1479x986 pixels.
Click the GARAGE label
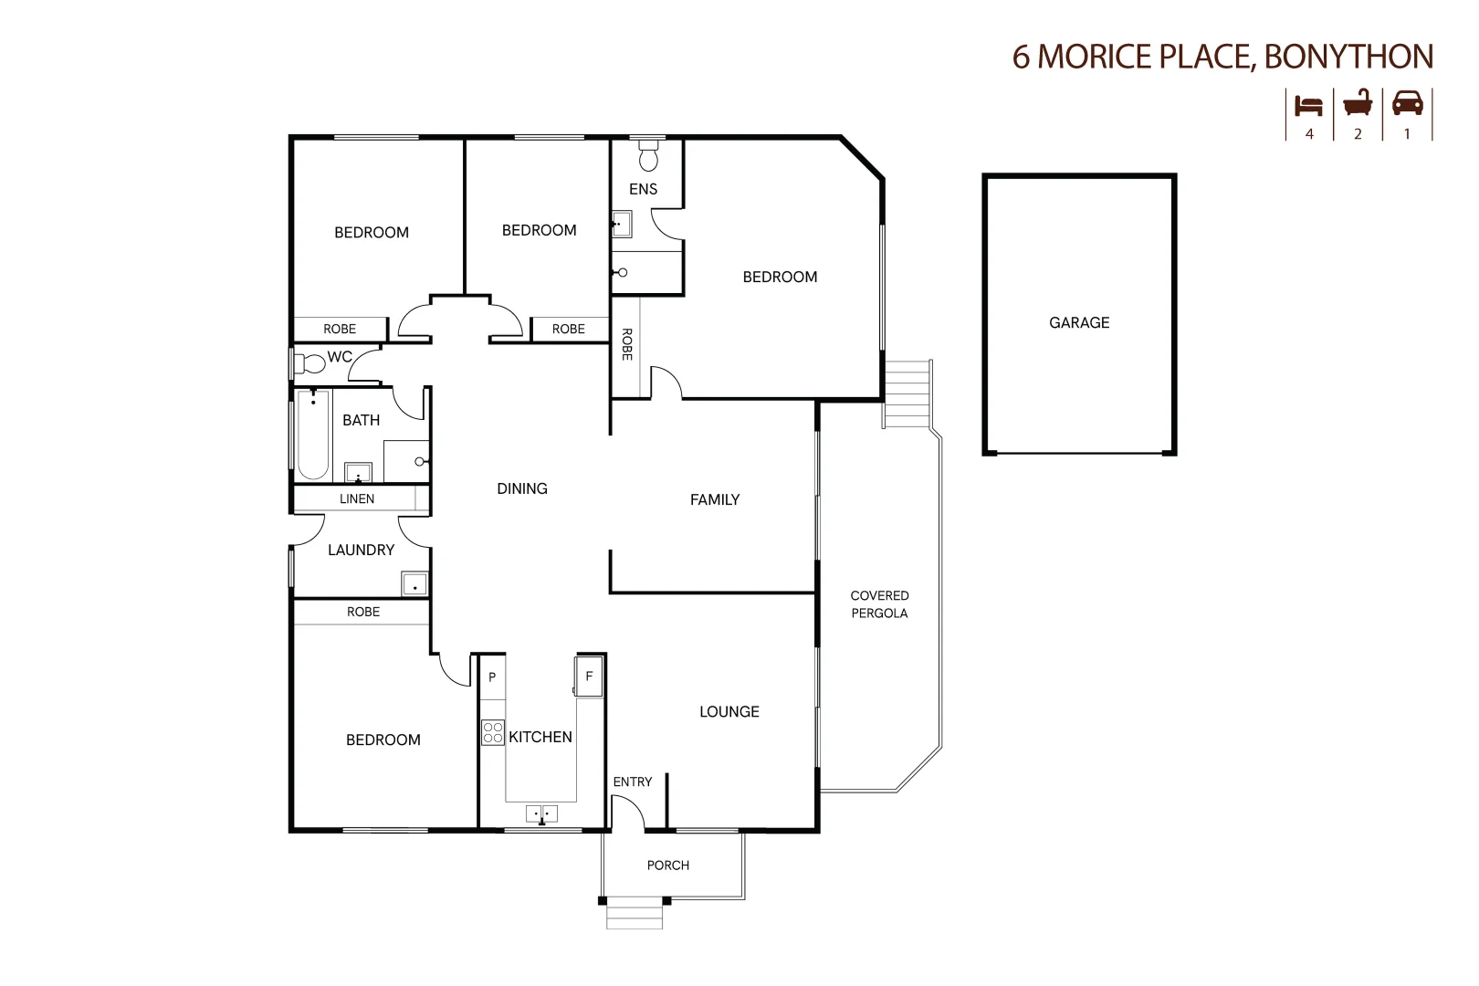[x=1079, y=322]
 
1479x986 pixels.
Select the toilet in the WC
[x=309, y=363]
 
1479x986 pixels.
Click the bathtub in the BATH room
[x=312, y=435]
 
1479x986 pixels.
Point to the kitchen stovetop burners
[x=493, y=732]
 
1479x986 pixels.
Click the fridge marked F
[x=588, y=676]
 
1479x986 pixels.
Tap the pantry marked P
[x=493, y=677]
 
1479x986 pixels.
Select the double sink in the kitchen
[x=541, y=813]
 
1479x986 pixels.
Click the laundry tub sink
[x=414, y=583]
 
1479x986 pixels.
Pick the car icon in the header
[x=1407, y=104]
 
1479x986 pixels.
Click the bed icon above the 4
[x=1308, y=106]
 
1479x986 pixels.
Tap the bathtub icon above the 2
[x=1358, y=103]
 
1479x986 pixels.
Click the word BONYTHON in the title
[x=1348, y=57]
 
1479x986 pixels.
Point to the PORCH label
[x=667, y=865]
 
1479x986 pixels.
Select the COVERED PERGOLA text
[x=879, y=604]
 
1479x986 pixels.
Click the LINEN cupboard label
[x=357, y=498]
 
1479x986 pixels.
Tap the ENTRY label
[x=632, y=781]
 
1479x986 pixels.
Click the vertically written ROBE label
[x=626, y=344]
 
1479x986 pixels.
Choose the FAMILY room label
[x=715, y=500]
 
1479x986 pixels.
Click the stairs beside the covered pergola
[x=907, y=394]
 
